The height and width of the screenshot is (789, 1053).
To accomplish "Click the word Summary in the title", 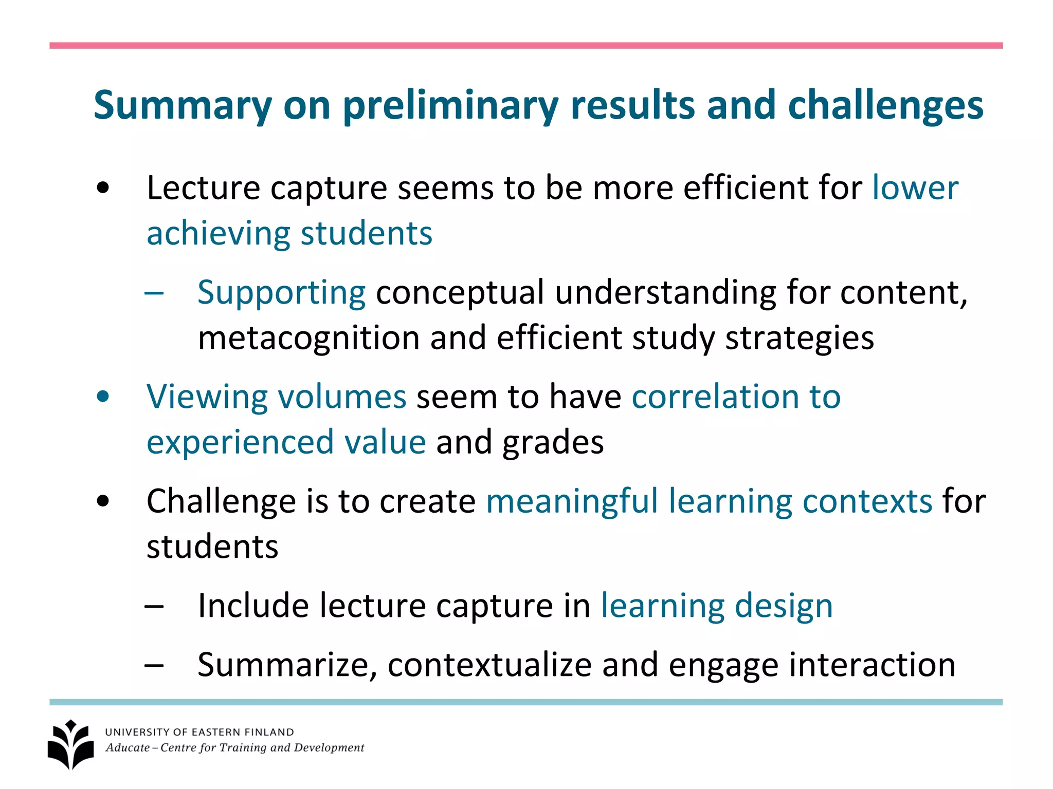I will click(x=183, y=106).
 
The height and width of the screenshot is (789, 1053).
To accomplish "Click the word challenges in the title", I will click(x=885, y=106).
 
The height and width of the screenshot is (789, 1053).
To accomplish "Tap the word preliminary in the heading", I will click(x=450, y=106).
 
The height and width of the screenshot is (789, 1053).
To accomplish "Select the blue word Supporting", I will click(x=281, y=293).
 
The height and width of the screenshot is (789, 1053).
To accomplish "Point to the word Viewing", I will click(x=207, y=397).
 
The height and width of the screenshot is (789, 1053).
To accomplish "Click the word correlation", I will click(x=715, y=397).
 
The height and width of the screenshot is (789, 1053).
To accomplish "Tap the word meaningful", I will click(x=572, y=501).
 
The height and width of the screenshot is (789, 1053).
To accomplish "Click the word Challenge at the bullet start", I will click(x=221, y=501).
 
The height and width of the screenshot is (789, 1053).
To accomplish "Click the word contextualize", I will click(x=489, y=665).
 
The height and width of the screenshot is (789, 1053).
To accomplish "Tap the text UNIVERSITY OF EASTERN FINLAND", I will click(x=199, y=732).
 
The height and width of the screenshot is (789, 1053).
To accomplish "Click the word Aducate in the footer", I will click(x=128, y=748).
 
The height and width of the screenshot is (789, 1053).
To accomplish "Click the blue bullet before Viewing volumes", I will click(x=103, y=397).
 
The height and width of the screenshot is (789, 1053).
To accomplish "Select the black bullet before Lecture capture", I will click(x=103, y=188).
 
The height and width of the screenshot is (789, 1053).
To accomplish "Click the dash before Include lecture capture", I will click(x=154, y=607).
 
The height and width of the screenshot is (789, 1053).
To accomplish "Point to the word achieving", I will click(x=218, y=234).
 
